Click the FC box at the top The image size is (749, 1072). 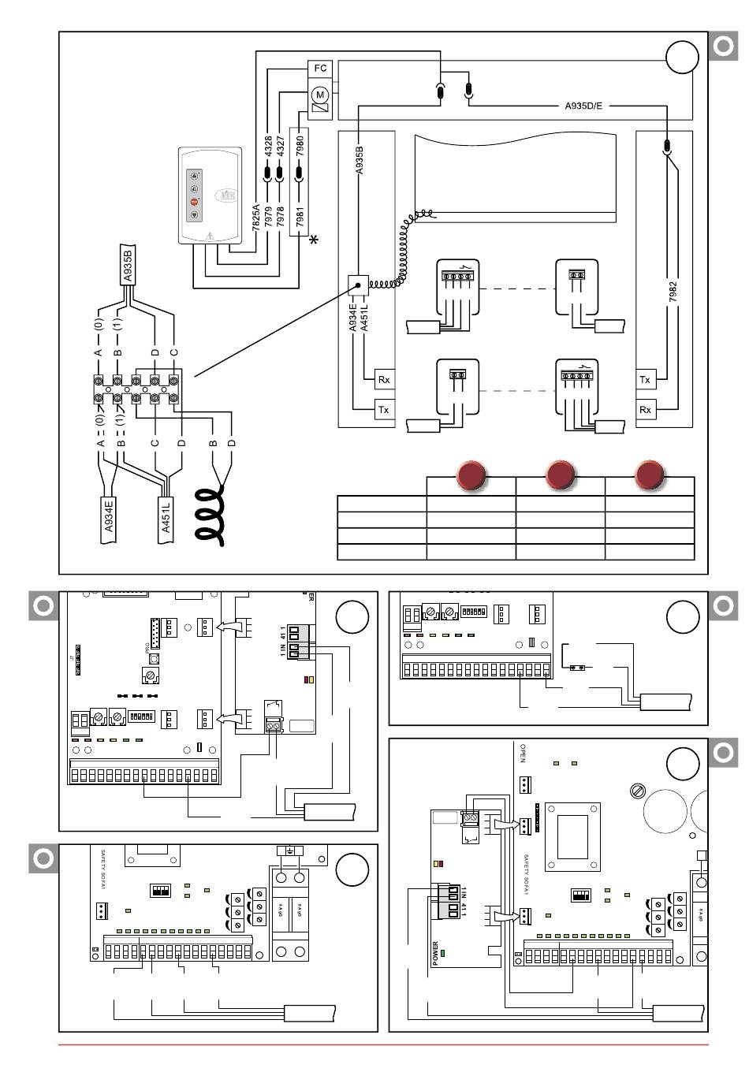320,69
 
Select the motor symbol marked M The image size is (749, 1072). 320,95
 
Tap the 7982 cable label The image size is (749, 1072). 673,291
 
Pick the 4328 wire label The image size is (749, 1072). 268,145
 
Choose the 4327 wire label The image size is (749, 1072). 281,145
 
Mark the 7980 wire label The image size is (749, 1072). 300,145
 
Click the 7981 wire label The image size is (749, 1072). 300,216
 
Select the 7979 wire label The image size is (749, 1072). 268,217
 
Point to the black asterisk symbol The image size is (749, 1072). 315,240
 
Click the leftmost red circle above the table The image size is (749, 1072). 471,475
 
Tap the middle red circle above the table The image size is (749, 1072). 560,475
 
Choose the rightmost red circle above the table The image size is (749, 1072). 650,475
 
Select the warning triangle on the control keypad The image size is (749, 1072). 209,236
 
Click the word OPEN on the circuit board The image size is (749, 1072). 522,754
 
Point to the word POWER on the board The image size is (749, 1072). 435,954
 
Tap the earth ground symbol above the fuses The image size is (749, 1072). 290,851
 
